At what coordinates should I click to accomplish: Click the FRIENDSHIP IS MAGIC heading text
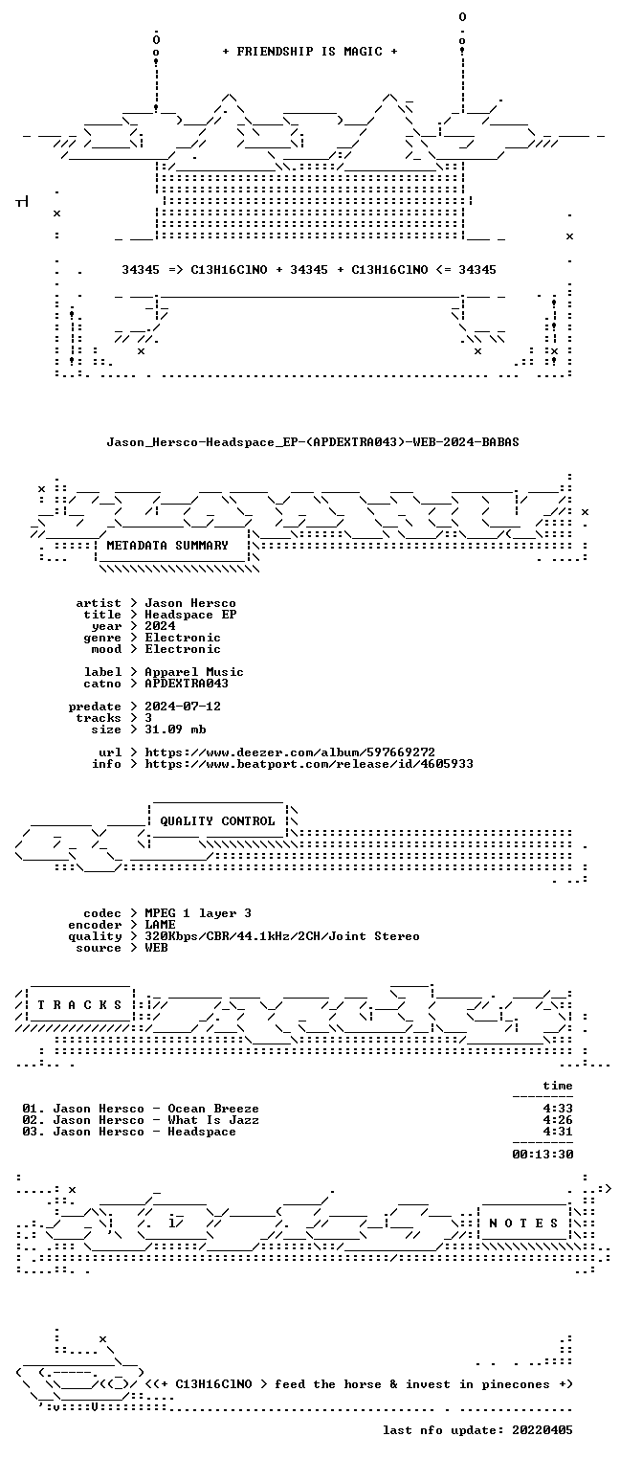tap(310, 52)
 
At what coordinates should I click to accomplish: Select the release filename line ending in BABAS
tap(313, 442)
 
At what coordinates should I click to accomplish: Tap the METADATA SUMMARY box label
tap(167, 545)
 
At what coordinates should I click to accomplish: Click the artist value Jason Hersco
tap(190, 603)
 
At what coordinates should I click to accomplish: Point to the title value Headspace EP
tap(190, 615)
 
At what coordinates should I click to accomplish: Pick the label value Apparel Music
tap(194, 672)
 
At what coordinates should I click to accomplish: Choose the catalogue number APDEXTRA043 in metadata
tap(187, 684)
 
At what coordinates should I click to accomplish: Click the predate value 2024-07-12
tap(183, 707)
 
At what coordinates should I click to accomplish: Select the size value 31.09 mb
tap(175, 729)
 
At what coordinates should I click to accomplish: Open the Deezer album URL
tap(290, 752)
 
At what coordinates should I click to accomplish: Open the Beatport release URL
tap(309, 764)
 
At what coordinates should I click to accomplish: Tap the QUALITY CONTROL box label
tap(217, 821)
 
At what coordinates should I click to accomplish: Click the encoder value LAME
tap(160, 925)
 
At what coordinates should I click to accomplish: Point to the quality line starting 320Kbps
tap(282, 936)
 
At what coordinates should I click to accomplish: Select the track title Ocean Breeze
tap(213, 1109)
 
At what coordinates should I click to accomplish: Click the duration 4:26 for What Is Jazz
tap(558, 1120)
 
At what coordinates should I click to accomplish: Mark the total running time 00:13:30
tap(542, 1155)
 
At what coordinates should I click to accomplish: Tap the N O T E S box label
tap(523, 1223)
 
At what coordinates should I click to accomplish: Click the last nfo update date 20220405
tap(542, 1430)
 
